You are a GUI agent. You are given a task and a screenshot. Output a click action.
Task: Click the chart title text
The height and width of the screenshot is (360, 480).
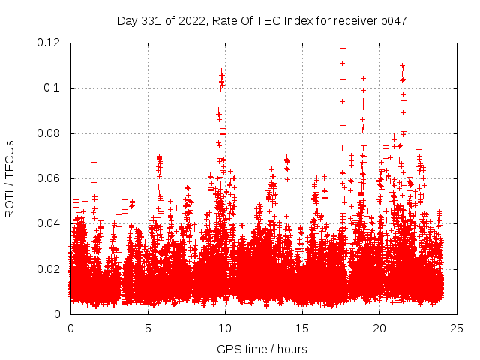tap(262, 21)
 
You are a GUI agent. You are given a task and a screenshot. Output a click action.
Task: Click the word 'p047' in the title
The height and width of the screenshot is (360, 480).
tap(392, 21)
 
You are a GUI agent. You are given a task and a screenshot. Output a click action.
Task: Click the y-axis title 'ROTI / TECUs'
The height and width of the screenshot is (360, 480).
tap(10, 178)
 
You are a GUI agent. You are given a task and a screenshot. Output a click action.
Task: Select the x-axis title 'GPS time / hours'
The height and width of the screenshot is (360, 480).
tap(262, 349)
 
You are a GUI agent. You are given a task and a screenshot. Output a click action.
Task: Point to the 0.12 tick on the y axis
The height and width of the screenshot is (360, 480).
tap(49, 43)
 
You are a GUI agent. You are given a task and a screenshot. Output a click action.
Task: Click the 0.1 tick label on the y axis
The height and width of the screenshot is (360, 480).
tap(52, 88)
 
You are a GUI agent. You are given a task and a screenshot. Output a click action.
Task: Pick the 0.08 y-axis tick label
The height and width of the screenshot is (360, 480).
tap(49, 133)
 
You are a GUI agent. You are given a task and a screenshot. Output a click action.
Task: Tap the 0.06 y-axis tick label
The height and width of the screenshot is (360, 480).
tap(49, 178)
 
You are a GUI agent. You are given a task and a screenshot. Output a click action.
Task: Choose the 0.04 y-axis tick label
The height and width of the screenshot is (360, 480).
tap(49, 223)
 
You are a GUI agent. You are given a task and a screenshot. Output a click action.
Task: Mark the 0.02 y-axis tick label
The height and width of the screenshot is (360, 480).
tap(49, 268)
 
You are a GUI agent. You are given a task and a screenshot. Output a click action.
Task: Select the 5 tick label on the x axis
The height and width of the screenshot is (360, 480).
tap(148, 328)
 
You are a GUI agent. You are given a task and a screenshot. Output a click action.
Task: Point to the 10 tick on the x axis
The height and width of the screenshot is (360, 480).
tap(225, 328)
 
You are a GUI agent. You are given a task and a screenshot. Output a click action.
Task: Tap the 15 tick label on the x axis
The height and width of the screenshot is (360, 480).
tap(302, 328)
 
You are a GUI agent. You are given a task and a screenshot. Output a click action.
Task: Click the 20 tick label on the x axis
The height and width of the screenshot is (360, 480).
tap(379, 328)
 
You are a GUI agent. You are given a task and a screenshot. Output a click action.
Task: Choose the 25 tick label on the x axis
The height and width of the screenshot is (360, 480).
tap(457, 328)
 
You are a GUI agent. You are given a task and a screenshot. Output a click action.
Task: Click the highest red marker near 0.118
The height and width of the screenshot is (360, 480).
tap(343, 48)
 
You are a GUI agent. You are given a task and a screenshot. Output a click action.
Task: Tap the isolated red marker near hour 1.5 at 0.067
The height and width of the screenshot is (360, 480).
tap(94, 162)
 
